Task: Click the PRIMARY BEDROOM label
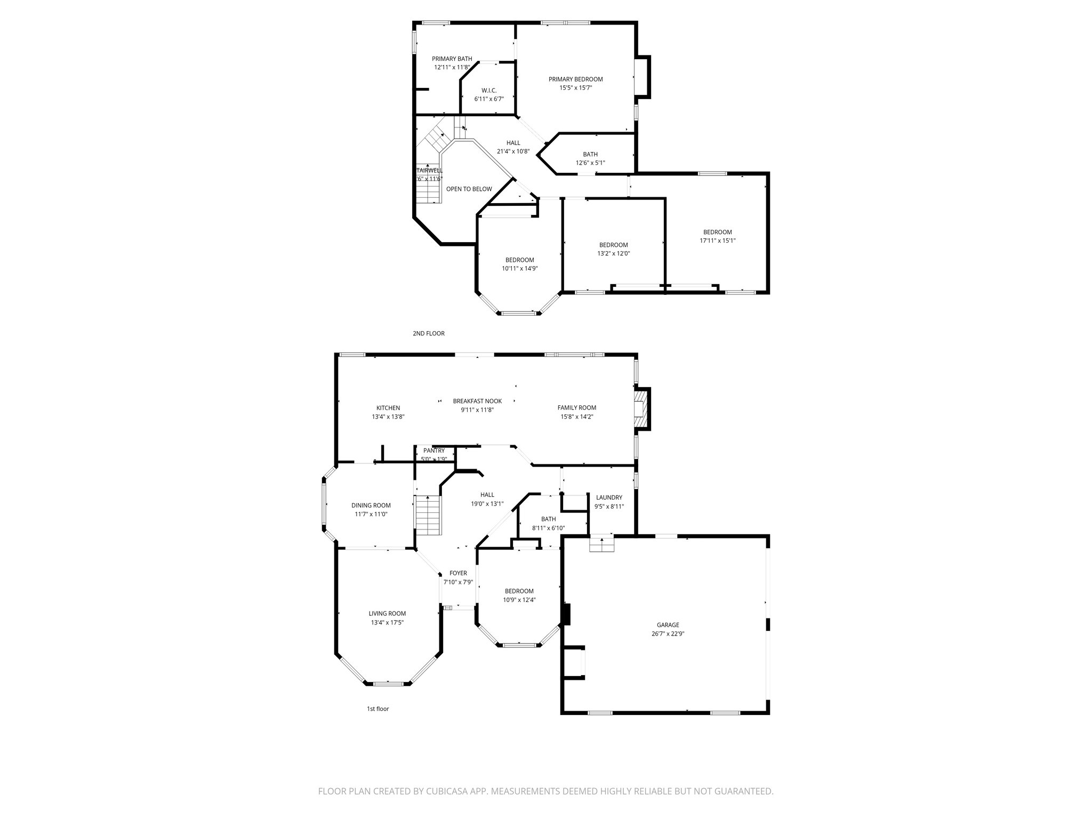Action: pos(575,79)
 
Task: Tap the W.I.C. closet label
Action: pos(489,91)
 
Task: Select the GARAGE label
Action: pos(668,625)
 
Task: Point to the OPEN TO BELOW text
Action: pos(469,189)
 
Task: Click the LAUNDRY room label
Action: pos(609,497)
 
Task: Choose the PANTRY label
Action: pos(434,451)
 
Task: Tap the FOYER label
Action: pos(458,573)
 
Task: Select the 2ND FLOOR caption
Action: pos(428,334)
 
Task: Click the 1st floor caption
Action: pos(378,709)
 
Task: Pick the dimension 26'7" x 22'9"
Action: pos(668,634)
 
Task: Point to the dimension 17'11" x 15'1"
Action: pos(717,240)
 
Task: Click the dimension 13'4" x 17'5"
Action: pos(387,622)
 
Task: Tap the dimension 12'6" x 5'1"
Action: pos(590,163)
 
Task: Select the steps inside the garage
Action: pos(601,544)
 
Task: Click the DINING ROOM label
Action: pos(371,505)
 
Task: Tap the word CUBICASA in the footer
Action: pos(440,791)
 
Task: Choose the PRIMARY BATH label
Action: pos(452,59)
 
